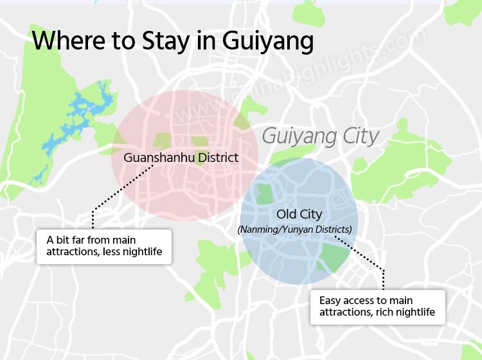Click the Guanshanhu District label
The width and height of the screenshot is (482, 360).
(x=181, y=157)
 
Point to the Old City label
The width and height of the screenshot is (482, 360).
(x=299, y=214)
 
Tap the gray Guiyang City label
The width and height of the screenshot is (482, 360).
(x=320, y=137)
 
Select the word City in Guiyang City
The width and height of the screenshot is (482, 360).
(x=359, y=137)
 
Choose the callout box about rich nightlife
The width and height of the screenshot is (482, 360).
(x=377, y=307)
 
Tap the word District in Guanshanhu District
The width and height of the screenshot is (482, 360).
(x=217, y=157)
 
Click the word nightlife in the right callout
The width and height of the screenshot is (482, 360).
(x=414, y=312)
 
